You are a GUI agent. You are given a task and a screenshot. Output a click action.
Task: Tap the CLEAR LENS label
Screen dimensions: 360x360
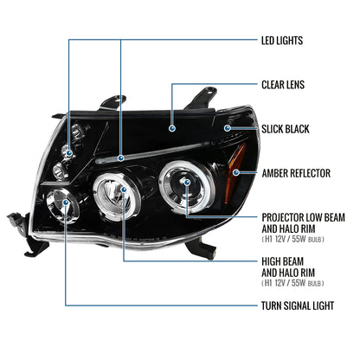tap(283, 85)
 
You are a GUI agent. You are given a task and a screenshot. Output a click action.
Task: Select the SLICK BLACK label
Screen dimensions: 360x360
tap(285, 128)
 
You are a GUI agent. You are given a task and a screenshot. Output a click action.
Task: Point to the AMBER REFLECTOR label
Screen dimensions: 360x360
tap(295, 173)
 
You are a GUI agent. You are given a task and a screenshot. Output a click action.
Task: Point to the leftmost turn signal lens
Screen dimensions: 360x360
tap(70, 206)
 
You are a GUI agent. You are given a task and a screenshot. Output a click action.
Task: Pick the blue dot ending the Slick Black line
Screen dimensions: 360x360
tap(227, 128)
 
